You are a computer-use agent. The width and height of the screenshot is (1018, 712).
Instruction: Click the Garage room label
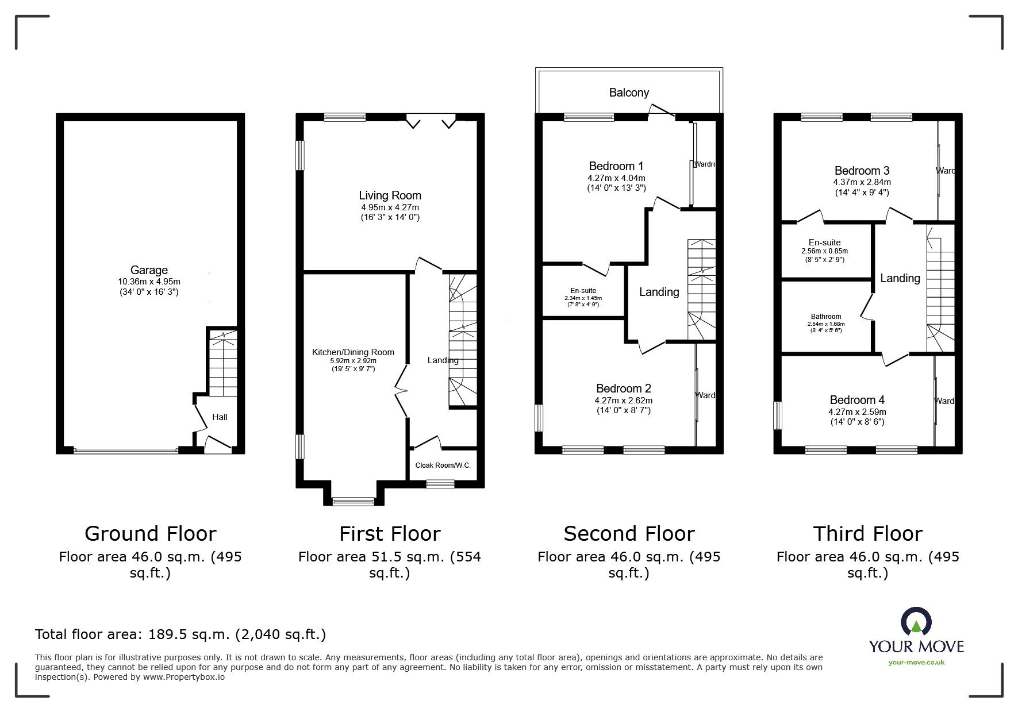point(149,270)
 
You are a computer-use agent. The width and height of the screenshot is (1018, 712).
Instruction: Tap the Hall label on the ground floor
point(220,417)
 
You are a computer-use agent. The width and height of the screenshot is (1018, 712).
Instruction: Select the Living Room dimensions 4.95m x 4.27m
point(390,207)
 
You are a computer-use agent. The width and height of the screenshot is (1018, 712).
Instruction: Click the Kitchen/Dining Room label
point(353,352)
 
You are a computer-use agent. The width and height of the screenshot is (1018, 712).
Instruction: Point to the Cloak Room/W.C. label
point(443,465)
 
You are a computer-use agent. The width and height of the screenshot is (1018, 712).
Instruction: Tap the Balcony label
point(629,93)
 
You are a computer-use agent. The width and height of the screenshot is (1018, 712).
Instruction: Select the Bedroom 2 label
point(623,388)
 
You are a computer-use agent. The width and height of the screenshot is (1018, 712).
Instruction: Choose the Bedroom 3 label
point(862,171)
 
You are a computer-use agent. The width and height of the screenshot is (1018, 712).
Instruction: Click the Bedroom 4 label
point(857,400)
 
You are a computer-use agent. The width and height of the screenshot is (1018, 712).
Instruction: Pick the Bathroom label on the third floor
point(826,317)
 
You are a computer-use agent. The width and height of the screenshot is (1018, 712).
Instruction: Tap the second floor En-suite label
point(583,291)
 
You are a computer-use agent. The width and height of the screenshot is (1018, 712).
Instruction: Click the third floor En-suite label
point(824,243)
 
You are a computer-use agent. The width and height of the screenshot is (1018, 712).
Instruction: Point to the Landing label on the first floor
point(443,360)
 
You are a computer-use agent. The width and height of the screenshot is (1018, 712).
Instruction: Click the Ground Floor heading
point(150,533)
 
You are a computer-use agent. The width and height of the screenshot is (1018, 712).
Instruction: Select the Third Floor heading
point(867,533)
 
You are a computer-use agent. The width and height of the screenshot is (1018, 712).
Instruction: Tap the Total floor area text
point(180,634)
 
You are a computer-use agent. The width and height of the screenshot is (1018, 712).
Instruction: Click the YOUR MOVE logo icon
point(916,622)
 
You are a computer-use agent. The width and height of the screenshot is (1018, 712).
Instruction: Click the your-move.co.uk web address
point(916,663)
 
